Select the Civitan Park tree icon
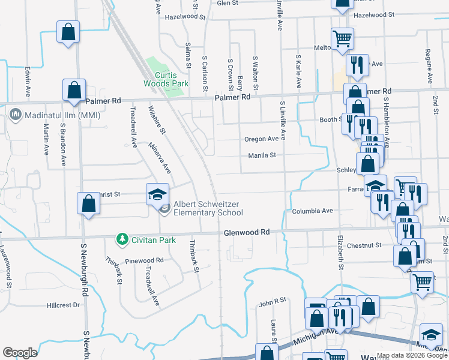[x=122, y=240]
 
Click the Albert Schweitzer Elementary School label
[x=208, y=208]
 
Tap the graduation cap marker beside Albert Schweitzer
[x=157, y=194]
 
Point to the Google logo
[x=20, y=353]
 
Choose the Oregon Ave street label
[x=261, y=139]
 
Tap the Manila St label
[x=262, y=155]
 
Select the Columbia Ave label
[x=312, y=211]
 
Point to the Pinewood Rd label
[x=144, y=261]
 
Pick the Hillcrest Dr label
[x=63, y=305]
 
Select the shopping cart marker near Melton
[x=342, y=38]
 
